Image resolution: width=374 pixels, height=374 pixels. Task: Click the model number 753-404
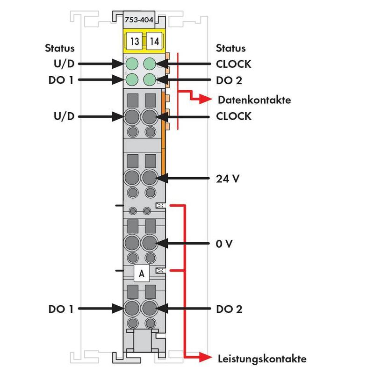tap(142, 19)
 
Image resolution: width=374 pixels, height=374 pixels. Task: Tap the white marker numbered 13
tap(135, 41)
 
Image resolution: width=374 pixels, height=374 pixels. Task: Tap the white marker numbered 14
tap(154, 41)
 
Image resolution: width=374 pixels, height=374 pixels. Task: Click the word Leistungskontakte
tap(262, 359)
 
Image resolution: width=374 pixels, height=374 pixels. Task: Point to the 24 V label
tap(226, 179)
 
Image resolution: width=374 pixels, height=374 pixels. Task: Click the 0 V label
tap(224, 244)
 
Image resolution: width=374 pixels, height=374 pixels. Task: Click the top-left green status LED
tap(132, 63)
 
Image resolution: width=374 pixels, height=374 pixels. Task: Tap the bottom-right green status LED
tap(150, 79)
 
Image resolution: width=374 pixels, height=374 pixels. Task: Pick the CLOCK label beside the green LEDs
tap(234, 63)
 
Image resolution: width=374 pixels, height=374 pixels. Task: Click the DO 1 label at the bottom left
tap(60, 309)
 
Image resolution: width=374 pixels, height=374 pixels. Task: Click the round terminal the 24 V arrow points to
tap(150, 178)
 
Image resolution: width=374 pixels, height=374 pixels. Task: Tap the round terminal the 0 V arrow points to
tap(150, 243)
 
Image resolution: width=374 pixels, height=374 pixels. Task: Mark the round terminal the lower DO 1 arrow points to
tap(132, 309)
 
